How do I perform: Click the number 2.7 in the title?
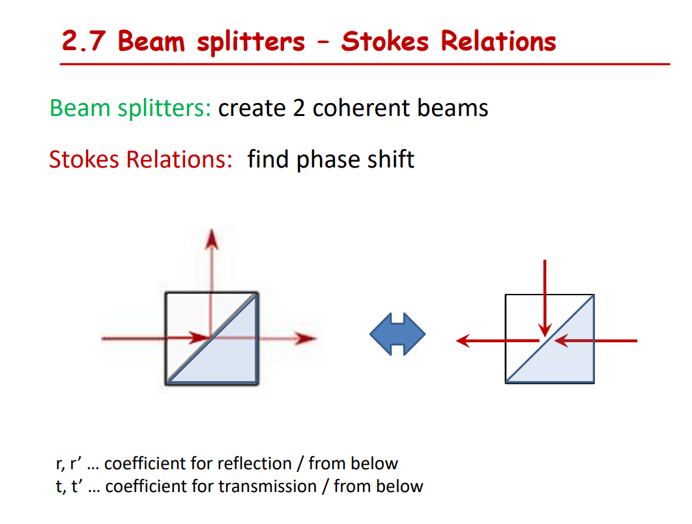85,41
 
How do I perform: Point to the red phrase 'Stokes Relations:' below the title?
141,159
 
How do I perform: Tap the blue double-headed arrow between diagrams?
397,334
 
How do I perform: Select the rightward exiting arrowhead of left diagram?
304,338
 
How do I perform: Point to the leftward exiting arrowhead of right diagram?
464,340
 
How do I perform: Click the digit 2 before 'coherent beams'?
299,108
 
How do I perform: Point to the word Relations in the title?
498,41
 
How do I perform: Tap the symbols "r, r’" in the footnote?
68,464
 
